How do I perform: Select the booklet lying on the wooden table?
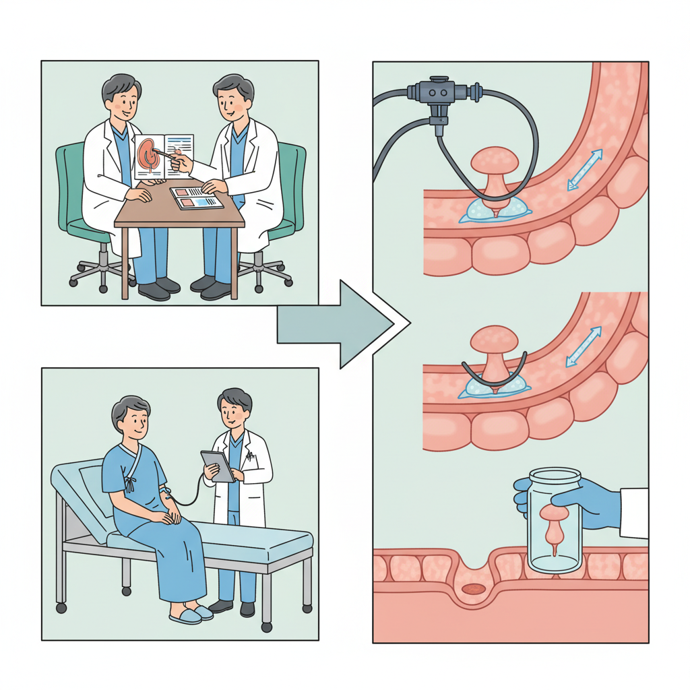(x=196, y=198)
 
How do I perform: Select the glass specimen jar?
(x=555, y=522)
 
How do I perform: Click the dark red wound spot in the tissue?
(x=472, y=589)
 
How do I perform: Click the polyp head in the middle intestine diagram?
(x=495, y=338)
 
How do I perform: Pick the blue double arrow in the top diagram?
(x=584, y=170)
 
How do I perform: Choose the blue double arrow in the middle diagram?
(x=584, y=347)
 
